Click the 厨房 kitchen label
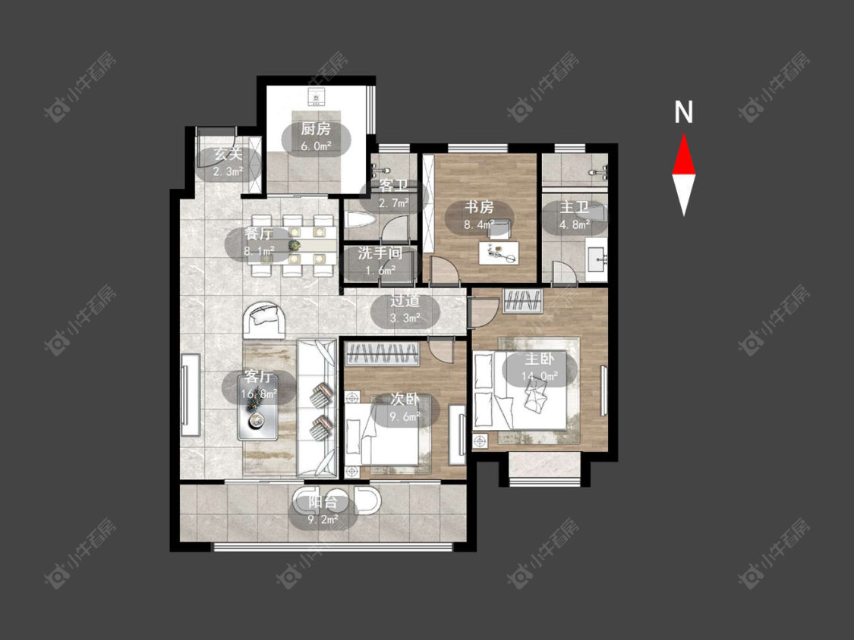pyautogui.click(x=316, y=129)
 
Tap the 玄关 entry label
pyautogui.click(x=228, y=154)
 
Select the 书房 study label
pyautogui.click(x=479, y=207)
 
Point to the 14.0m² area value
pyautogui.click(x=540, y=376)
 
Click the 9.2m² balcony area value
pyautogui.click(x=323, y=519)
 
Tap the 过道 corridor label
pyautogui.click(x=405, y=300)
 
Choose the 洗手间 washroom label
pyautogui.click(x=380, y=253)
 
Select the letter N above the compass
pyautogui.click(x=683, y=112)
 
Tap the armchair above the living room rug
pyautogui.click(x=264, y=320)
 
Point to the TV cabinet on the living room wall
pyautogui.click(x=191, y=394)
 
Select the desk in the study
pyautogui.click(x=499, y=253)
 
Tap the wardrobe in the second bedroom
pyautogui.click(x=383, y=354)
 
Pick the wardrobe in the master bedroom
pyautogui.click(x=523, y=302)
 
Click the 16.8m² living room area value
pyautogui.click(x=260, y=393)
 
